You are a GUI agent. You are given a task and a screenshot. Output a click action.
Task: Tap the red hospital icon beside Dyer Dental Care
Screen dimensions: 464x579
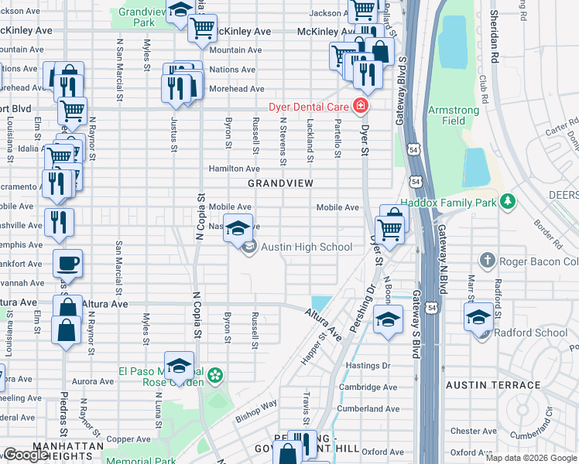360,106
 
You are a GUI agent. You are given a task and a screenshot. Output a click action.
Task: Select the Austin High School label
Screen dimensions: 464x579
306,247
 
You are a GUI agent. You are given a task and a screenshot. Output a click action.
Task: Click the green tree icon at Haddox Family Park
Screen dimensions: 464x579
507,202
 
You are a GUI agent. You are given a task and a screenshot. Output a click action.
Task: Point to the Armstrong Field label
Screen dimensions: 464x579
454,115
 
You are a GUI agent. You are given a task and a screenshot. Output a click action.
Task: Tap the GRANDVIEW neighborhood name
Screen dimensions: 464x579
280,183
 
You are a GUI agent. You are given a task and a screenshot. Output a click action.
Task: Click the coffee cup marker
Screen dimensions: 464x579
67,263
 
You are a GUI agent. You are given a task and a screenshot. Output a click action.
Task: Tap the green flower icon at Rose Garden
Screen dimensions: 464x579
215,376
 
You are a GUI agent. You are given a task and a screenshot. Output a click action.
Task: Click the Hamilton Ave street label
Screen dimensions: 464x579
234,169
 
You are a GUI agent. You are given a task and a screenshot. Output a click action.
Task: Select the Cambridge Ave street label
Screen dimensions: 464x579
372,387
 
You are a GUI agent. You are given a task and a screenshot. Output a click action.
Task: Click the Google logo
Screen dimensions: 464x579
26,455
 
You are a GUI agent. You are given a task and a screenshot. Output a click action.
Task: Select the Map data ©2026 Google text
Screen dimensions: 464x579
530,458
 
